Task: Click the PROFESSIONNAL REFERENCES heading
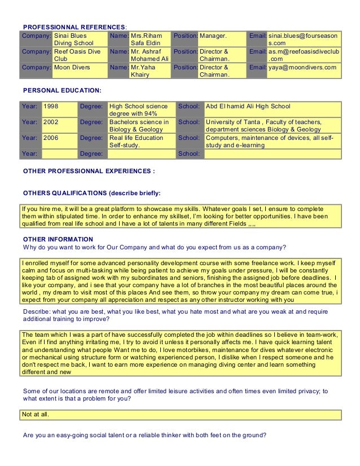coord(74,27)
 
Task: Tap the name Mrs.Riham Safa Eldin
coord(146,39)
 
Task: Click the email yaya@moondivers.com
coord(302,68)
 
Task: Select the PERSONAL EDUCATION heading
coord(62,90)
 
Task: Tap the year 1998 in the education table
coord(51,106)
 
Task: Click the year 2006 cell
coord(51,137)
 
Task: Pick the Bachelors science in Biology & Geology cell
coord(139,125)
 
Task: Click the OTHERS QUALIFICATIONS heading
coord(91,193)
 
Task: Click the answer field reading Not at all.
coord(35,415)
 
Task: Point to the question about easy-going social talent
coord(144,435)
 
